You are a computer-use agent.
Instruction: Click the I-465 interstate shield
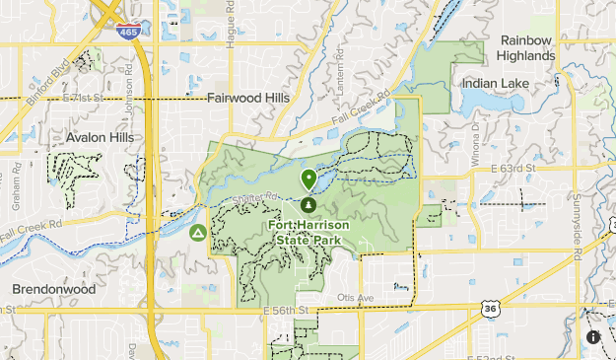[x=127, y=31]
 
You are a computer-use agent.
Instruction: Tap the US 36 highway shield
[x=491, y=308]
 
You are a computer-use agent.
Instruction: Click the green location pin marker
[x=308, y=180]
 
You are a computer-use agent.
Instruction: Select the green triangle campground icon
[x=198, y=233]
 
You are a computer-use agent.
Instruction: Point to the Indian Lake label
[x=494, y=84]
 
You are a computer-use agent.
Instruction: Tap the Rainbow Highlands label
[x=526, y=47]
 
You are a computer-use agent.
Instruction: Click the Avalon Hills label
[x=100, y=137]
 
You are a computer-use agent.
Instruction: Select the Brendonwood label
[x=54, y=289]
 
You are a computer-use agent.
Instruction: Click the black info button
[x=593, y=336]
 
